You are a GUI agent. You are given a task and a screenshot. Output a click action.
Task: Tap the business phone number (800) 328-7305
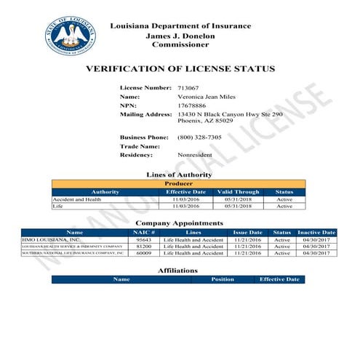[x=199, y=137]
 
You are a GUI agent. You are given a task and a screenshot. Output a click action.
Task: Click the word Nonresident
[x=195, y=155]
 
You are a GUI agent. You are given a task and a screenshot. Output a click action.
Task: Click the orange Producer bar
[x=179, y=184]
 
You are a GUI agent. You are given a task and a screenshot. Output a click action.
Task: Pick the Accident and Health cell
[x=76, y=199]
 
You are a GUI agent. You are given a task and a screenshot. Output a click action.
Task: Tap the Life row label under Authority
[x=58, y=206]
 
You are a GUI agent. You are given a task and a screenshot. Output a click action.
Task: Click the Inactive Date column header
[x=316, y=232]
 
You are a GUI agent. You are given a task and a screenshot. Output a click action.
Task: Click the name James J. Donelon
[x=179, y=36]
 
